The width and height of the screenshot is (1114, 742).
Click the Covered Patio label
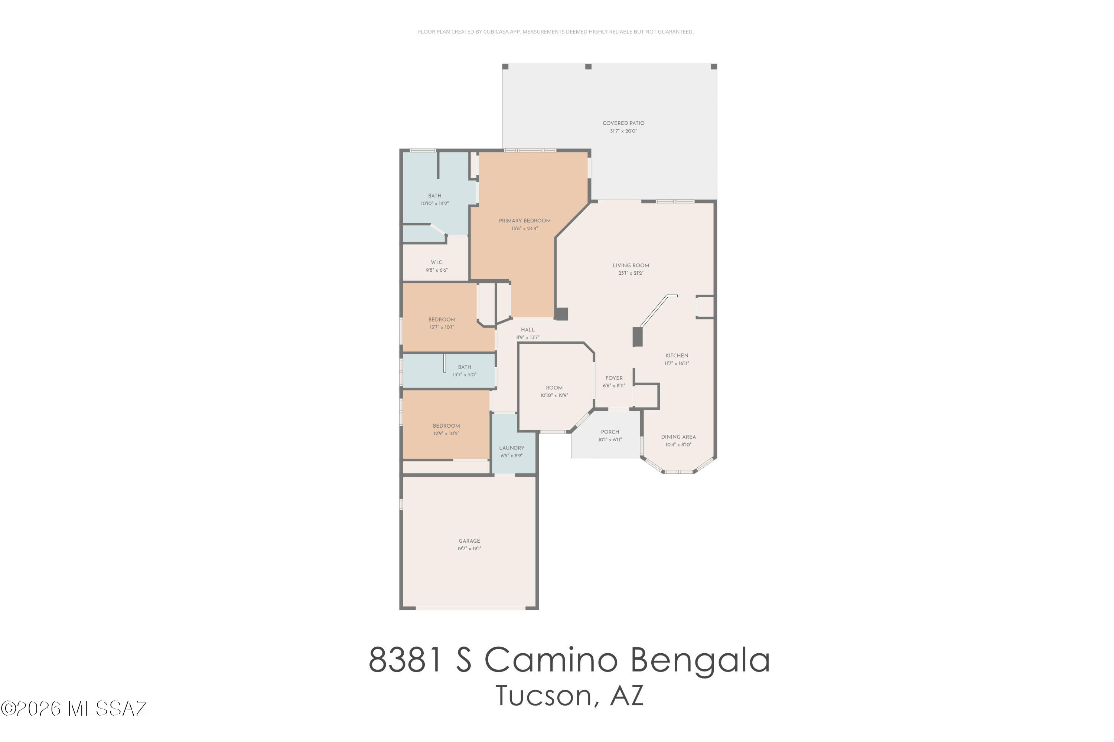coord(623,123)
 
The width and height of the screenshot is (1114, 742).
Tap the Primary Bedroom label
coord(524,220)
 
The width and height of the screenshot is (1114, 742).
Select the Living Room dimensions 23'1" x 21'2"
coord(630,273)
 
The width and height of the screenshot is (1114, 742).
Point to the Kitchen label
coord(676,355)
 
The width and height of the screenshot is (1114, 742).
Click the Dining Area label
coord(678,437)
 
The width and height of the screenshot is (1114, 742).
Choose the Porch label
coord(609,432)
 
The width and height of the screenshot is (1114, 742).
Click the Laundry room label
coord(511,448)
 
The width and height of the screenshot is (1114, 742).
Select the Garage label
coord(469,540)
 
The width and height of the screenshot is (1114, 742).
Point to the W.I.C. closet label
coord(437,262)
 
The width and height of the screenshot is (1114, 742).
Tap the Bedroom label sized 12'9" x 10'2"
coord(446,425)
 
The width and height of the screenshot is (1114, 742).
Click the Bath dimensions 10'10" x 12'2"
coord(434,203)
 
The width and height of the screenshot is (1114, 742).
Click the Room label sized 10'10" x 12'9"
coord(554,388)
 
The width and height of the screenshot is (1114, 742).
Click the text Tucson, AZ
coord(569,696)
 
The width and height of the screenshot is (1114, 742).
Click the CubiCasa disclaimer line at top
coord(556,32)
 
